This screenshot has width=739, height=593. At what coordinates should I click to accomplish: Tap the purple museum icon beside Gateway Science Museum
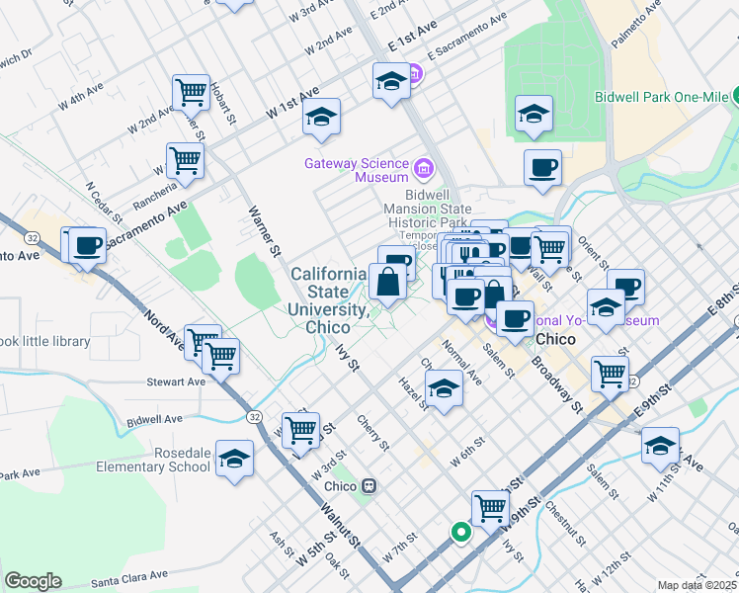[425, 167]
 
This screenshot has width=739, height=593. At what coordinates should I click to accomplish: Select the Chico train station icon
[369, 486]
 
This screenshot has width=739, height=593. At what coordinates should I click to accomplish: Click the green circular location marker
[460, 533]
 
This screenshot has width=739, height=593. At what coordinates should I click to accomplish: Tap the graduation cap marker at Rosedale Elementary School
[235, 460]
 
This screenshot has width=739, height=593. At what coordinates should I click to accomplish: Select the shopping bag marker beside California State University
[386, 284]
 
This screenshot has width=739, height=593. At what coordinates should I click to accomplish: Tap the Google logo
[33, 581]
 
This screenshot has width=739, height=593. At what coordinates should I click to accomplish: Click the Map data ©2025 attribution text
[697, 585]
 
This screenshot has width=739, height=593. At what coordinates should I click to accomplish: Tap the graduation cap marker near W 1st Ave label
[321, 118]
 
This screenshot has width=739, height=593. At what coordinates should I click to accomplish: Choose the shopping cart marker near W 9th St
[489, 509]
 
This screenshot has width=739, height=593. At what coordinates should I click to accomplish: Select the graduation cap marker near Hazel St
[444, 390]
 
